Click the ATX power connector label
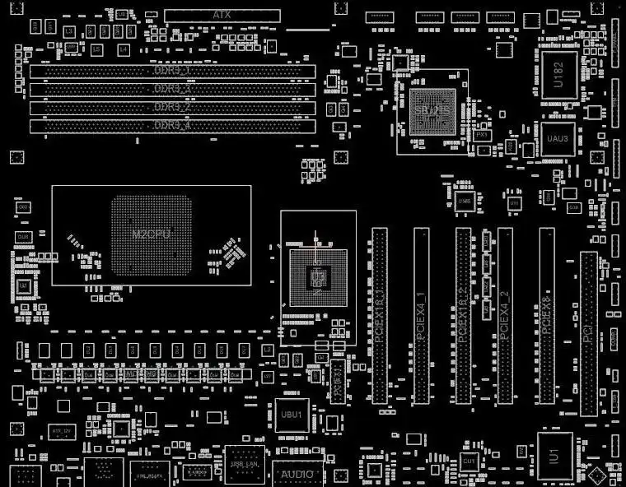tap(222, 15)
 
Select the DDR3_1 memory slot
tap(172, 71)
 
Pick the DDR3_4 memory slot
tap(172, 126)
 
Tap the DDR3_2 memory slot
tap(172, 108)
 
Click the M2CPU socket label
tap(152, 234)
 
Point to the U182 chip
tap(558, 72)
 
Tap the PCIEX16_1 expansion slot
tap(379, 315)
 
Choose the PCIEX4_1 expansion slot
tap(421, 315)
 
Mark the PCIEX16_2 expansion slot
tap(463, 315)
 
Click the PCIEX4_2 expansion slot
tap(505, 315)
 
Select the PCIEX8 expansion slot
tap(547, 315)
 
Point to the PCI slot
tap(588, 333)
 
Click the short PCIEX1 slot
tap(339, 382)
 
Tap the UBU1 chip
tap(292, 414)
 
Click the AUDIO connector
tap(297, 475)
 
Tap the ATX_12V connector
tap(59, 430)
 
